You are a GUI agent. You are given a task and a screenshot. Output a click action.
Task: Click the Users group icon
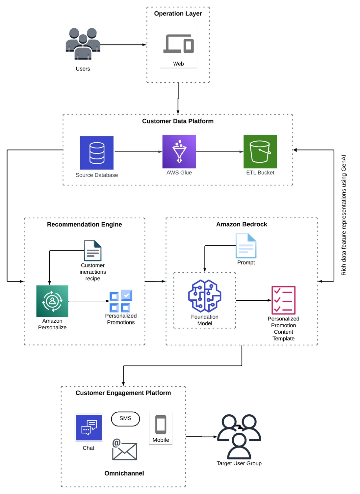(83, 44)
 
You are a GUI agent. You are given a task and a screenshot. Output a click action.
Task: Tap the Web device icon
(179, 44)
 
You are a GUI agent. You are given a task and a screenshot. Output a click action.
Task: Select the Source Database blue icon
(97, 153)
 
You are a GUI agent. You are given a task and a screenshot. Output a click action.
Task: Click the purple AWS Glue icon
(179, 151)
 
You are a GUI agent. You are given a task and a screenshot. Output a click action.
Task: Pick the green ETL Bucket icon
(260, 151)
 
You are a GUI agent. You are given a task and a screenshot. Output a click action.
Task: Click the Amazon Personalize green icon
(52, 301)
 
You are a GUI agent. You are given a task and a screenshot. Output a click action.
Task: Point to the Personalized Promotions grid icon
(121, 301)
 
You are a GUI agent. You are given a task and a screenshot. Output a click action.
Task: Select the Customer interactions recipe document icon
(93, 251)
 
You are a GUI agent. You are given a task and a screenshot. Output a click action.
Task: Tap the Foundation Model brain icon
(205, 296)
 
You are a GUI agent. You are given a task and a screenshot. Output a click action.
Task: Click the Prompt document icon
(246, 246)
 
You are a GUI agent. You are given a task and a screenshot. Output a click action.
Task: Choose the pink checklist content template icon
(283, 300)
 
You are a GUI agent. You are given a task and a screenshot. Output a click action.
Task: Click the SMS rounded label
(125, 419)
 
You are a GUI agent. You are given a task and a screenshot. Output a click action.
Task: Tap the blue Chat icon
(89, 427)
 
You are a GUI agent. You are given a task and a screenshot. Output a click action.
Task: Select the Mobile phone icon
(161, 425)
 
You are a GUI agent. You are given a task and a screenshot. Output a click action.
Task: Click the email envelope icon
(124, 450)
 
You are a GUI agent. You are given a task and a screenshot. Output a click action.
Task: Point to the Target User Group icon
(239, 437)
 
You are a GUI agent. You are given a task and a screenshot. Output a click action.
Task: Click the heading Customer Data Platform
(178, 121)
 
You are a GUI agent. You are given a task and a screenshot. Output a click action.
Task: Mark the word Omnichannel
(124, 473)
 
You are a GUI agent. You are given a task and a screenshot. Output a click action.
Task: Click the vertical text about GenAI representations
(344, 215)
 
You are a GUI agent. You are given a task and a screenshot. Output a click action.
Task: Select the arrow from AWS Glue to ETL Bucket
(219, 152)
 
